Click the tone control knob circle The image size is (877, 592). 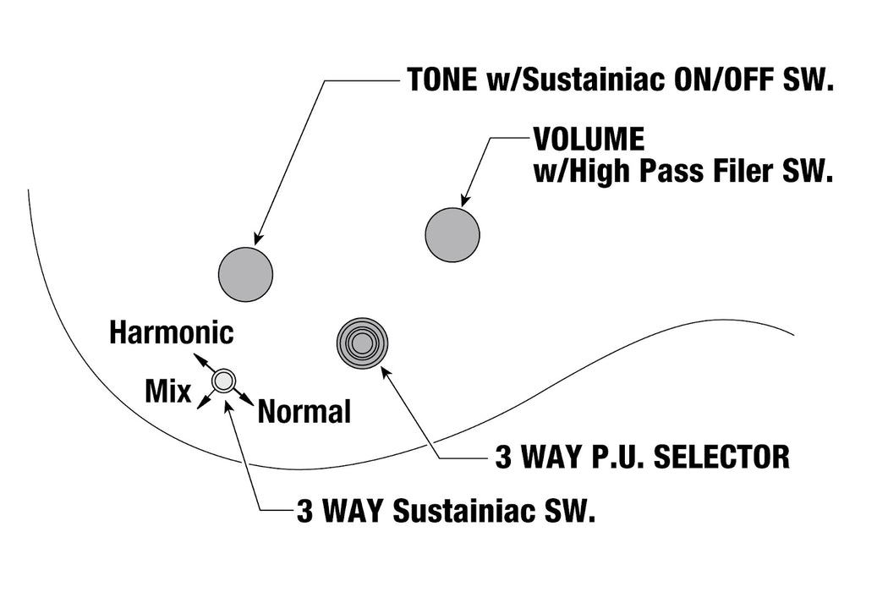click(245, 274)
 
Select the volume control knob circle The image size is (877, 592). click(452, 234)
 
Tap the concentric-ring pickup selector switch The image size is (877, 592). click(363, 343)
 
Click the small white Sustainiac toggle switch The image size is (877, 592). click(224, 381)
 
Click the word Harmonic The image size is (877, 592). click(171, 332)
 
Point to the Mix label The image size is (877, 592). click(167, 391)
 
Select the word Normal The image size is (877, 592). click(304, 412)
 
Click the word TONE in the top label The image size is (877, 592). click(442, 79)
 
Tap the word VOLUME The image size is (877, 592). click(589, 139)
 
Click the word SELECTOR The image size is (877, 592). click(721, 457)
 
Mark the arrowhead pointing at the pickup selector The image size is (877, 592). click(386, 372)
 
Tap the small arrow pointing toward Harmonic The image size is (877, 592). click(204, 361)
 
